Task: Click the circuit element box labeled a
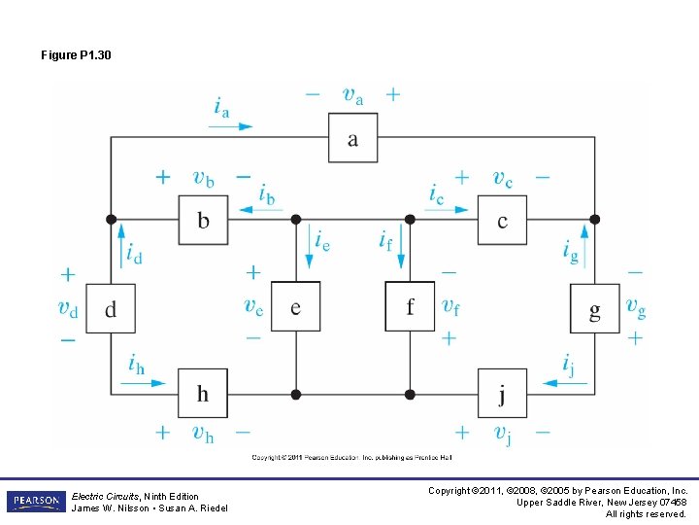click(x=352, y=138)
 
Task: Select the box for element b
click(x=203, y=220)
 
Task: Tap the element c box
click(x=502, y=220)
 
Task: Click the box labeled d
click(x=110, y=308)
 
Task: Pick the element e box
click(x=295, y=307)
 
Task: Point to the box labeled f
click(x=410, y=307)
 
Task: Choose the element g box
click(x=594, y=308)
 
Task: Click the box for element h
click(x=203, y=394)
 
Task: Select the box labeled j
click(x=502, y=394)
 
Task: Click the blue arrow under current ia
click(x=232, y=125)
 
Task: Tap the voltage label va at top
click(x=353, y=94)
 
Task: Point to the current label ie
click(x=322, y=240)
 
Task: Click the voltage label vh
click(x=203, y=434)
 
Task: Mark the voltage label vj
click(x=503, y=434)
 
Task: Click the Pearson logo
click(x=36, y=501)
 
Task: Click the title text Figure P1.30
click(x=76, y=55)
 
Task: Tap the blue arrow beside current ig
click(x=584, y=236)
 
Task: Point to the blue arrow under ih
click(x=147, y=383)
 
